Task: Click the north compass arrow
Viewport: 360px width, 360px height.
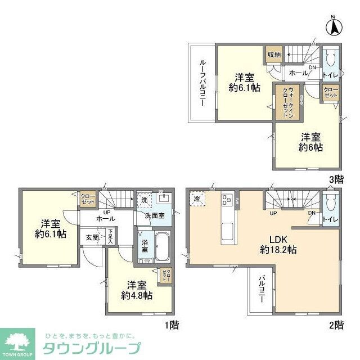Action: click(x=334, y=26)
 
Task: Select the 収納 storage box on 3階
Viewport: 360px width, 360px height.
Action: click(x=274, y=55)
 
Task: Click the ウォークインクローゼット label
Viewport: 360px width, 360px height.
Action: click(x=287, y=101)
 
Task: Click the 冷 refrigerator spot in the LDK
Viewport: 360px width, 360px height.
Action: click(x=199, y=199)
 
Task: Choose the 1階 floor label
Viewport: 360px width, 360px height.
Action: click(x=172, y=324)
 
